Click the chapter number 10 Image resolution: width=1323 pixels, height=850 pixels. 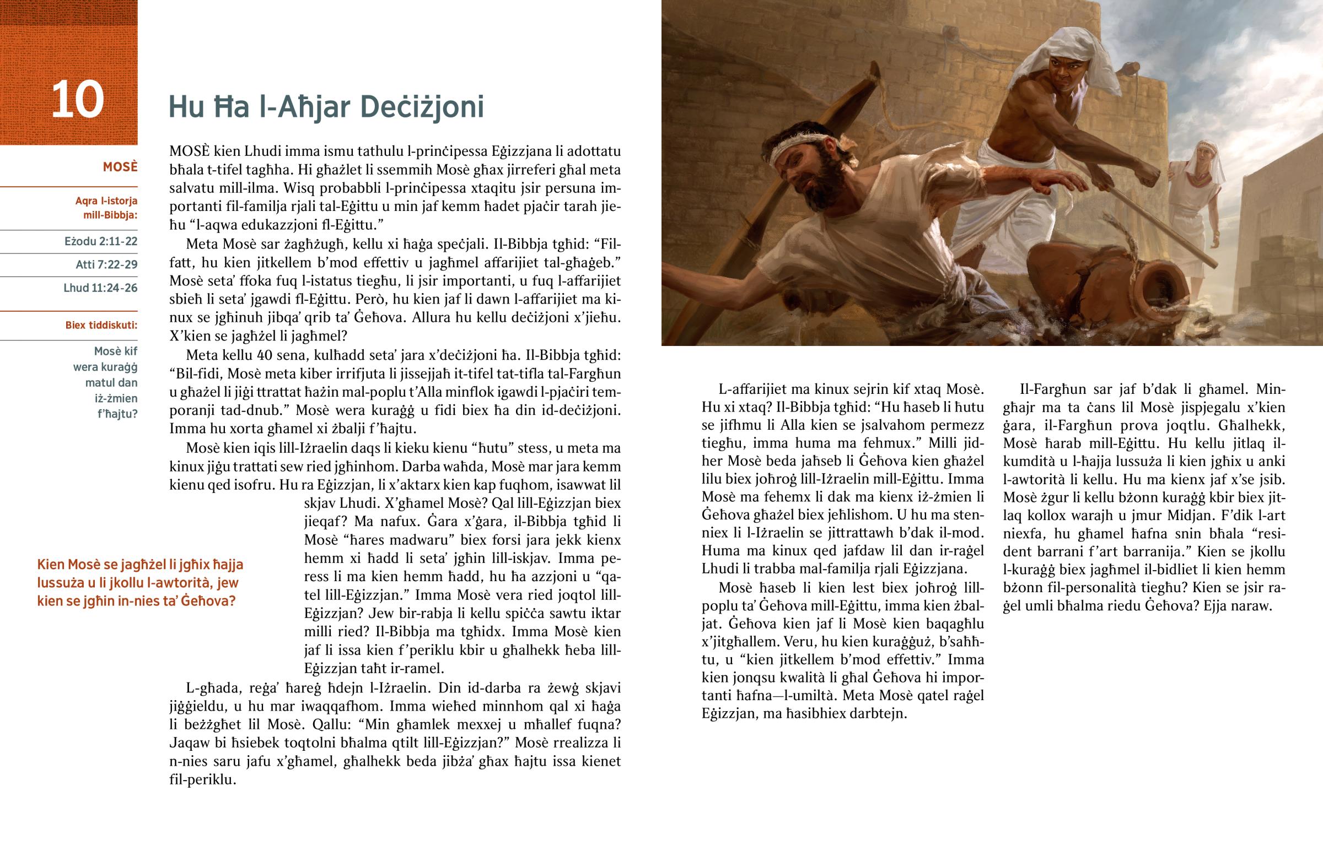77,100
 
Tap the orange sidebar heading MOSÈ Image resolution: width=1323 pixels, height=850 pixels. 120,167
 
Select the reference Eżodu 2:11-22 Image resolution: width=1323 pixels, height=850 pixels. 100,241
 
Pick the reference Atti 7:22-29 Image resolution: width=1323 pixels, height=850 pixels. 106,264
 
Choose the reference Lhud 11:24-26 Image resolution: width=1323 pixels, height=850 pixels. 100,288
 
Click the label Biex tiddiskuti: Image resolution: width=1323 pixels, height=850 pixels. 101,325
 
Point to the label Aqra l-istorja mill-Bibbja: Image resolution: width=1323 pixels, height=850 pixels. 106,208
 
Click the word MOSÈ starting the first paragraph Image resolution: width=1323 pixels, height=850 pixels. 190,151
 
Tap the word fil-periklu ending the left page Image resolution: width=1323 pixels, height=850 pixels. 203,780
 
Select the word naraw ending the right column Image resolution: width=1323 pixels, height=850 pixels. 1255,605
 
